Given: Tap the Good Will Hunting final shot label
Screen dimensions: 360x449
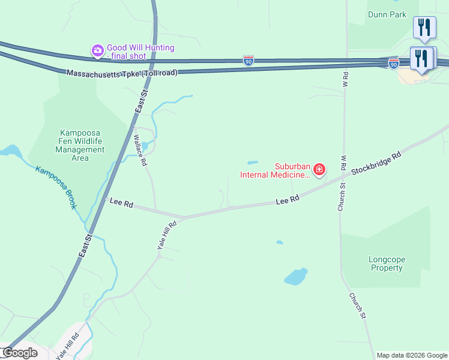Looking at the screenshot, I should (x=140, y=52).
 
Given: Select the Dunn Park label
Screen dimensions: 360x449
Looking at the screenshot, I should (x=388, y=15).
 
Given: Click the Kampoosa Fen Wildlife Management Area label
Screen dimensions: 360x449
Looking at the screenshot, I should (x=80, y=145).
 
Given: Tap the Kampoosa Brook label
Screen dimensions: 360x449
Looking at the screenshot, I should (x=56, y=187).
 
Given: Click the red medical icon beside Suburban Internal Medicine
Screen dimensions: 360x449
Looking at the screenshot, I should (x=319, y=170).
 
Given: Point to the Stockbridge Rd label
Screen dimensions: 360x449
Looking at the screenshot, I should (x=376, y=163).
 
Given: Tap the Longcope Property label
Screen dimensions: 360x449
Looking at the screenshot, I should (x=387, y=263).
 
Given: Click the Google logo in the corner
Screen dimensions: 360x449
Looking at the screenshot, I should (x=19, y=353).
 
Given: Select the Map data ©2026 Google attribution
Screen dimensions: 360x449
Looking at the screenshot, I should (x=411, y=355).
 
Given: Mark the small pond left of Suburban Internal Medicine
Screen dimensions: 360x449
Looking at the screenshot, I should (x=253, y=162).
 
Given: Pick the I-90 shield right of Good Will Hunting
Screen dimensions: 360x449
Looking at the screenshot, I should (x=249, y=60).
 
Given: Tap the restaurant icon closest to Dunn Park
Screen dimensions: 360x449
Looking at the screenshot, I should (x=424, y=28).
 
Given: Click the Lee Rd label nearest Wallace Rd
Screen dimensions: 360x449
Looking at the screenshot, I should (x=121, y=203).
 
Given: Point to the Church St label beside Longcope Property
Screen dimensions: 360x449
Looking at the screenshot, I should (x=357, y=305).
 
